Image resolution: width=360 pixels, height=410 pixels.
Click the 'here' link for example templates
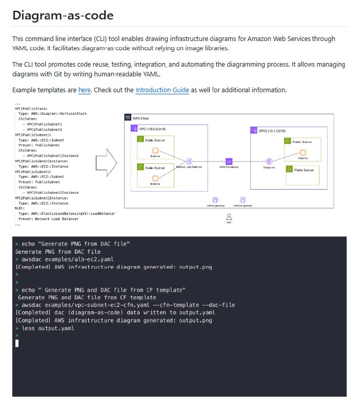85,90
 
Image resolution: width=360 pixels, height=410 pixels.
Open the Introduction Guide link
162,90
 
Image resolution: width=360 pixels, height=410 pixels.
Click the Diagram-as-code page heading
63,15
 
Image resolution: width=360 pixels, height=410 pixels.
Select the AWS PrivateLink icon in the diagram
229,162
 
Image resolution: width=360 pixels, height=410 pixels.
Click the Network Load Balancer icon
189,162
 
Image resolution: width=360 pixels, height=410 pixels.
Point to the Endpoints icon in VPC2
268,162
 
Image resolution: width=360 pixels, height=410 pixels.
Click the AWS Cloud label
141,118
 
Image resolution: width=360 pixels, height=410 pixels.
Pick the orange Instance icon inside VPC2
303,152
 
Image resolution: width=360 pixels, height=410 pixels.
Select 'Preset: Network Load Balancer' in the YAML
49,219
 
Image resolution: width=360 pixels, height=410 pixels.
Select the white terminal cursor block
17,343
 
